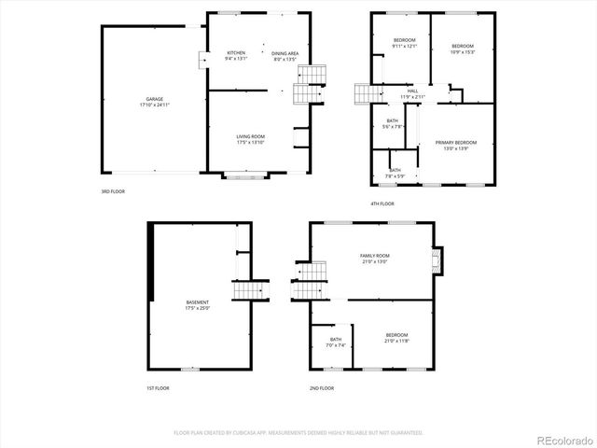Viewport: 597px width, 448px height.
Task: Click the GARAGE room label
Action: pyautogui.click(x=153, y=98)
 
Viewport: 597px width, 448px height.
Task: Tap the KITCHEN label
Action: pyautogui.click(x=235, y=53)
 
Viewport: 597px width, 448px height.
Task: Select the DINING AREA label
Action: pyautogui.click(x=285, y=53)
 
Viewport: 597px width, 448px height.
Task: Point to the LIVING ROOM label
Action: pyautogui.click(x=250, y=136)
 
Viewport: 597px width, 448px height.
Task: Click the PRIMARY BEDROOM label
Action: pyautogui.click(x=455, y=142)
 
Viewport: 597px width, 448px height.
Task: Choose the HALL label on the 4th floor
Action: pyautogui.click(x=412, y=91)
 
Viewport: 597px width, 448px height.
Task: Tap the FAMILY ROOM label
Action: pyautogui.click(x=374, y=255)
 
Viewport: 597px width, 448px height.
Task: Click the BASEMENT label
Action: pyautogui.click(x=197, y=301)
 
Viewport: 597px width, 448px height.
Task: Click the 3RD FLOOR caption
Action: pyautogui.click(x=113, y=190)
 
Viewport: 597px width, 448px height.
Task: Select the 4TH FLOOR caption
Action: pyautogui.click(x=382, y=203)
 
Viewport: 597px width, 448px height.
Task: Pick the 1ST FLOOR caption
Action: pyautogui.click(x=158, y=387)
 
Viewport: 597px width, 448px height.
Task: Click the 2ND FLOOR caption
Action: pyautogui.click(x=321, y=387)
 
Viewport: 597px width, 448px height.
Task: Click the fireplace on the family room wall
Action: pyautogui.click(x=439, y=260)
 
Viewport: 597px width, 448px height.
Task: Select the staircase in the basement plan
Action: pyautogui.click(x=245, y=290)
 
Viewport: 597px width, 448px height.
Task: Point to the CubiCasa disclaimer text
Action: pyautogui.click(x=298, y=432)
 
